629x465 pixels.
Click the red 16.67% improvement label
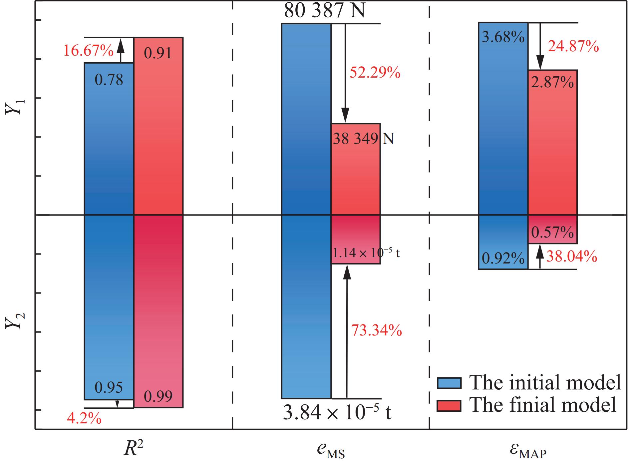(88, 51)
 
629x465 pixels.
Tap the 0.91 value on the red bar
(158, 53)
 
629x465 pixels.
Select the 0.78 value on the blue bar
(109, 80)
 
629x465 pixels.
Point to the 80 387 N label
(324, 11)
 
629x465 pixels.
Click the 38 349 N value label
(363, 139)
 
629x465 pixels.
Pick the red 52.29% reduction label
(375, 72)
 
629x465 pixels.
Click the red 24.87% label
(573, 47)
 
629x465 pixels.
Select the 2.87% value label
(552, 82)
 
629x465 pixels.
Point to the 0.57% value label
(552, 232)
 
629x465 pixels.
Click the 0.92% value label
(503, 258)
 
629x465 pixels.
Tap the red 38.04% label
(571, 256)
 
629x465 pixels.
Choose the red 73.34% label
(376, 330)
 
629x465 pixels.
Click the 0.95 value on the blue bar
(109, 387)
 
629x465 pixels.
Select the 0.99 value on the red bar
(158, 396)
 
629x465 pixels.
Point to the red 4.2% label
(84, 419)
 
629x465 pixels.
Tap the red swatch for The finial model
(449, 405)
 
